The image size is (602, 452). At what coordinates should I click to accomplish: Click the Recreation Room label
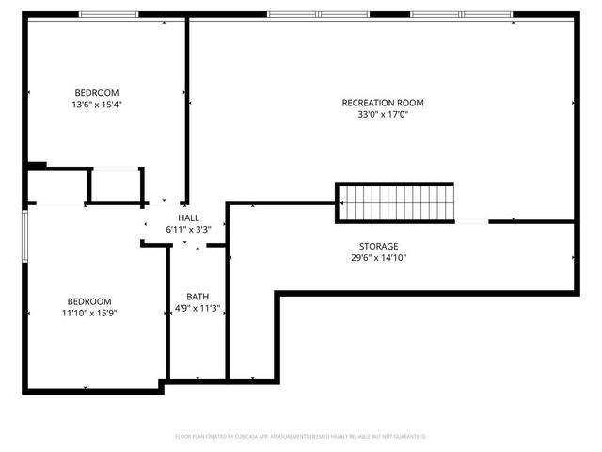click(383, 103)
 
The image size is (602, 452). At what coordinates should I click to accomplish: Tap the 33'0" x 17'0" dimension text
click(383, 115)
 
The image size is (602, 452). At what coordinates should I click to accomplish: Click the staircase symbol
click(396, 202)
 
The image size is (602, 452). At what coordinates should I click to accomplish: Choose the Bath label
click(198, 296)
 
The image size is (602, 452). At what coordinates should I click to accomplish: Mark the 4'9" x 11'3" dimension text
click(198, 308)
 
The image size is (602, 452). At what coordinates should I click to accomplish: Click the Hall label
click(188, 218)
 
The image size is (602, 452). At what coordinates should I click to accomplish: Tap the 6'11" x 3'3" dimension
click(188, 229)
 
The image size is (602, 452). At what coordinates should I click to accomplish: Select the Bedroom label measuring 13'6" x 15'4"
click(97, 92)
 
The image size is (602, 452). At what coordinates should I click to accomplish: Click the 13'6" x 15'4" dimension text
click(97, 105)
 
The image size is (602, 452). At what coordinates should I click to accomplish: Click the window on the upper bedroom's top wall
click(108, 14)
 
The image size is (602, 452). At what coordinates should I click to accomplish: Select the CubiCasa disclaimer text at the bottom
click(301, 437)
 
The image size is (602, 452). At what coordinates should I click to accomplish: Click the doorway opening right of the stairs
click(471, 221)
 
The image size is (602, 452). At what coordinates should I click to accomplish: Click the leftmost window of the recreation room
click(292, 14)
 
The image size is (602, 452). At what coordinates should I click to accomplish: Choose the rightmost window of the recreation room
click(487, 14)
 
